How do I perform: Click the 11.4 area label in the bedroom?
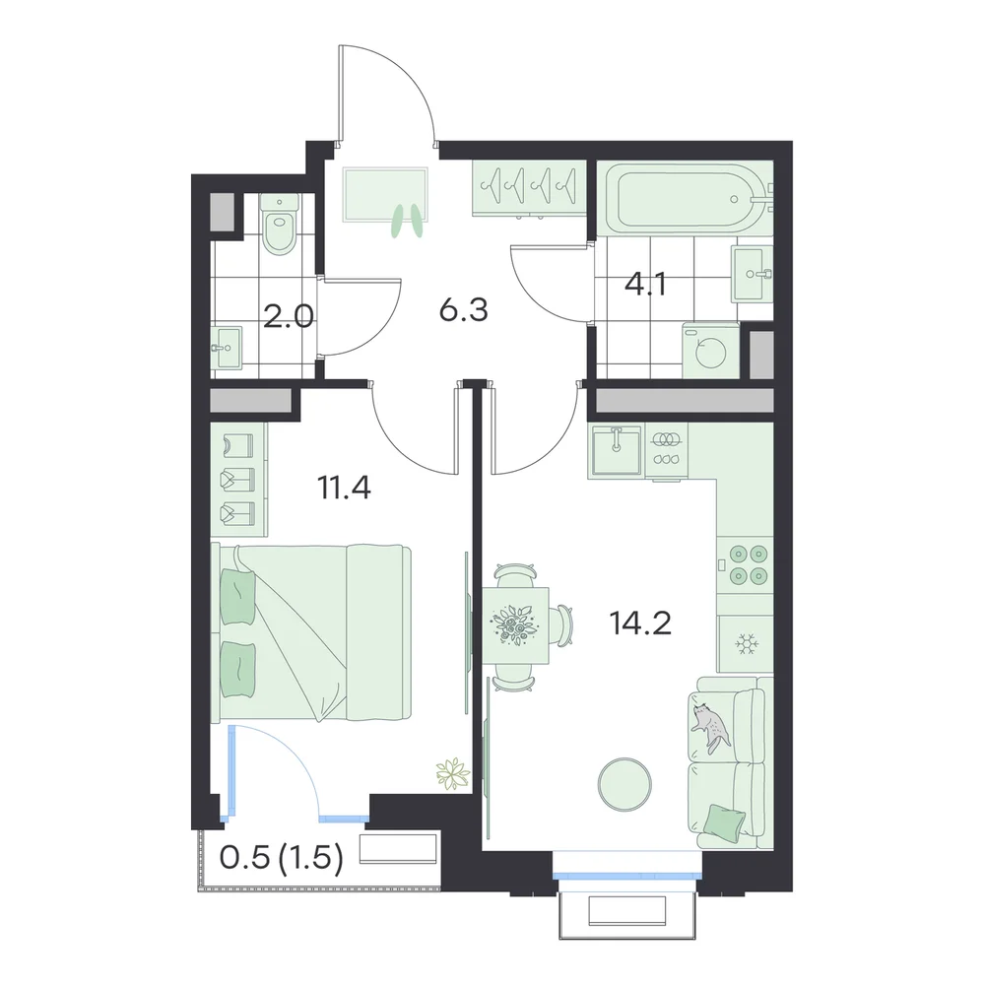[344, 488]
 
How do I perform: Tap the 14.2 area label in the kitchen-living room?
[640, 624]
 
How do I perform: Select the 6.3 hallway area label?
[464, 310]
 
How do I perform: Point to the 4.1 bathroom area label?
[645, 285]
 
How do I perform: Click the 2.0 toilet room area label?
[289, 316]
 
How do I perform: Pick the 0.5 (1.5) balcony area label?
[282, 857]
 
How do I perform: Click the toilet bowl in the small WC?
[280, 225]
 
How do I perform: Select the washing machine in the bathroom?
[711, 352]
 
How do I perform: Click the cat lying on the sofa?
[710, 726]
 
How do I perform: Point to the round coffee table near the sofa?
[624, 784]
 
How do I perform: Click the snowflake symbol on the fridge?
[747, 644]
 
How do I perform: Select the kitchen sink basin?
[616, 449]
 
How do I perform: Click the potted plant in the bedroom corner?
[453, 772]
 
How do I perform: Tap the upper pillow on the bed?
[237, 597]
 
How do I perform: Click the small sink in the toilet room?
[227, 348]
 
